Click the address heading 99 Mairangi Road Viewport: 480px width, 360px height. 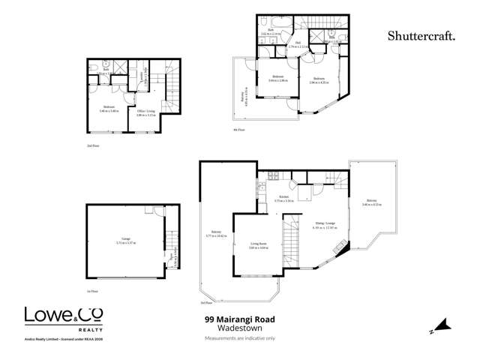pos(239,319)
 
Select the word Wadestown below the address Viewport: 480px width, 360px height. pos(239,328)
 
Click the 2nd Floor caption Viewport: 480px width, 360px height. pos(93,145)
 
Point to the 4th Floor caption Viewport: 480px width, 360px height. pos(238,130)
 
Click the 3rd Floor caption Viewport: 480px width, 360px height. pos(207,303)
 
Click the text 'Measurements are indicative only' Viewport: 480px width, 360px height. pos(239,339)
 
